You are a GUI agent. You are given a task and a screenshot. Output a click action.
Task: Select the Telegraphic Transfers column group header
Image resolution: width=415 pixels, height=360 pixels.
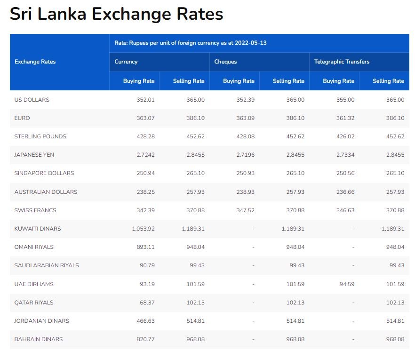coord(342,62)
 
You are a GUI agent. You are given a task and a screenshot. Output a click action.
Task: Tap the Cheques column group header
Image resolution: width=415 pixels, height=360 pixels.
coord(225,62)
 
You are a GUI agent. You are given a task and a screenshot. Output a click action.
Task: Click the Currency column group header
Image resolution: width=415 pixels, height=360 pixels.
coord(126,62)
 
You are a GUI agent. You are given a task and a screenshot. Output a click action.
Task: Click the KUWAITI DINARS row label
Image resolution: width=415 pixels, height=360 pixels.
coord(38,229)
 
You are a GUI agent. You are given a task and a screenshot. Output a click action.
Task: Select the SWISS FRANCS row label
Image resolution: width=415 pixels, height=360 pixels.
coord(35,210)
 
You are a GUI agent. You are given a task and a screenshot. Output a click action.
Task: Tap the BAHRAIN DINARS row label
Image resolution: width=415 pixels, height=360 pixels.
coord(39,339)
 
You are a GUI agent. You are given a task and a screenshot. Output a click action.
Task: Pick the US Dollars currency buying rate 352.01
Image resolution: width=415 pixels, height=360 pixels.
coord(145,100)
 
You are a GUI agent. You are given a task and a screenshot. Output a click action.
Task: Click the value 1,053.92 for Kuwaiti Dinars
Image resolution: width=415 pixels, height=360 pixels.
coord(142,229)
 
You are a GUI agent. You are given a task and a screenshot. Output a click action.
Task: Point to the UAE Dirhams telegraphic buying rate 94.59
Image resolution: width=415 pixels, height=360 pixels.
coord(346,284)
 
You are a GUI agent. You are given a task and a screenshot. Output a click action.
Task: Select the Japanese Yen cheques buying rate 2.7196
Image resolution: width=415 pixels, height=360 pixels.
coord(243,155)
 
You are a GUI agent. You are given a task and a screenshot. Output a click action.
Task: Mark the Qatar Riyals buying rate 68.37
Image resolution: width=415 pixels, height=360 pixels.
coord(147,303)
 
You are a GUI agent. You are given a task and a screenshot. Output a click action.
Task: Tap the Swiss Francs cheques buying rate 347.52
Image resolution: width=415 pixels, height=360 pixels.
coord(245,210)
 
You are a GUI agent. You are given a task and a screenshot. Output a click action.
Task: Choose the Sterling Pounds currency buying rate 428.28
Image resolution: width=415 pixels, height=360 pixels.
coord(145,136)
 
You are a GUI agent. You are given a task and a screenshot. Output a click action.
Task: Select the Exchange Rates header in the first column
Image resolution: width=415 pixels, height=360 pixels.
coord(35,62)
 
